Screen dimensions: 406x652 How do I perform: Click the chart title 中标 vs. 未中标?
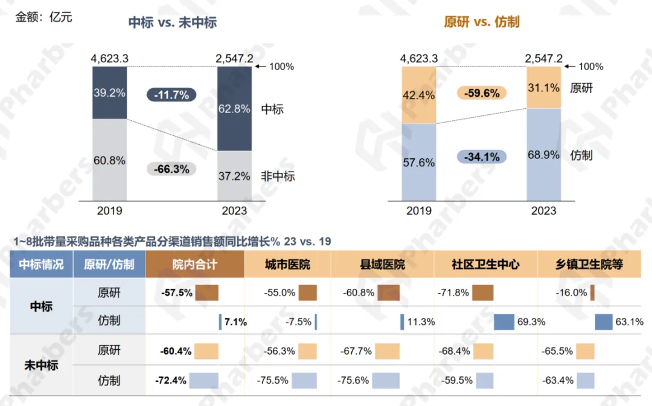pyautogui.click(x=173, y=23)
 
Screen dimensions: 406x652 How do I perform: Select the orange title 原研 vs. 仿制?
pyautogui.click(x=481, y=22)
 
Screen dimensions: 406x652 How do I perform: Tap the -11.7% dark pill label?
pyautogui.click(x=171, y=95)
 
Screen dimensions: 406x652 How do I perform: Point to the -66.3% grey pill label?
pyautogui.click(x=171, y=169)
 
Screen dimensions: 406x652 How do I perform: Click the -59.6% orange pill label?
pyautogui.click(x=482, y=93)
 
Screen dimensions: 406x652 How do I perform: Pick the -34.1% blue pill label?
pyautogui.click(x=482, y=157)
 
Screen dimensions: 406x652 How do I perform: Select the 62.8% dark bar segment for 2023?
pyautogui.click(x=234, y=109)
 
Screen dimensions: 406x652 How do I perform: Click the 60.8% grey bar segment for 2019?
pyautogui.click(x=110, y=160)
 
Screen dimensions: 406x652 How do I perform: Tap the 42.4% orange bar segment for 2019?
pyautogui.click(x=419, y=95)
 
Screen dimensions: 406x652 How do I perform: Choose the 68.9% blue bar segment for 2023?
pyautogui.click(x=543, y=155)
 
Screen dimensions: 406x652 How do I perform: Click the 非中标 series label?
pyautogui.click(x=278, y=176)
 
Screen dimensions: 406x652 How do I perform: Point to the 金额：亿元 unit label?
pyautogui.click(x=43, y=17)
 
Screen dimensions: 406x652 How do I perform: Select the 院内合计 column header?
pyautogui.click(x=194, y=265)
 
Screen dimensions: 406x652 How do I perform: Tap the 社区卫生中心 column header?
pyautogui.click(x=485, y=265)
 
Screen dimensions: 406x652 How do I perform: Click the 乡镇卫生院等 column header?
pyautogui.click(x=589, y=265)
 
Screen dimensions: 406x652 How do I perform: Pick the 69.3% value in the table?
pyautogui.click(x=531, y=322)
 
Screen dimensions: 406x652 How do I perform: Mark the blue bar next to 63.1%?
pyautogui.click(x=604, y=322)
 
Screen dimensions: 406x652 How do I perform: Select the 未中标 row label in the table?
pyautogui.click(x=41, y=366)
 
